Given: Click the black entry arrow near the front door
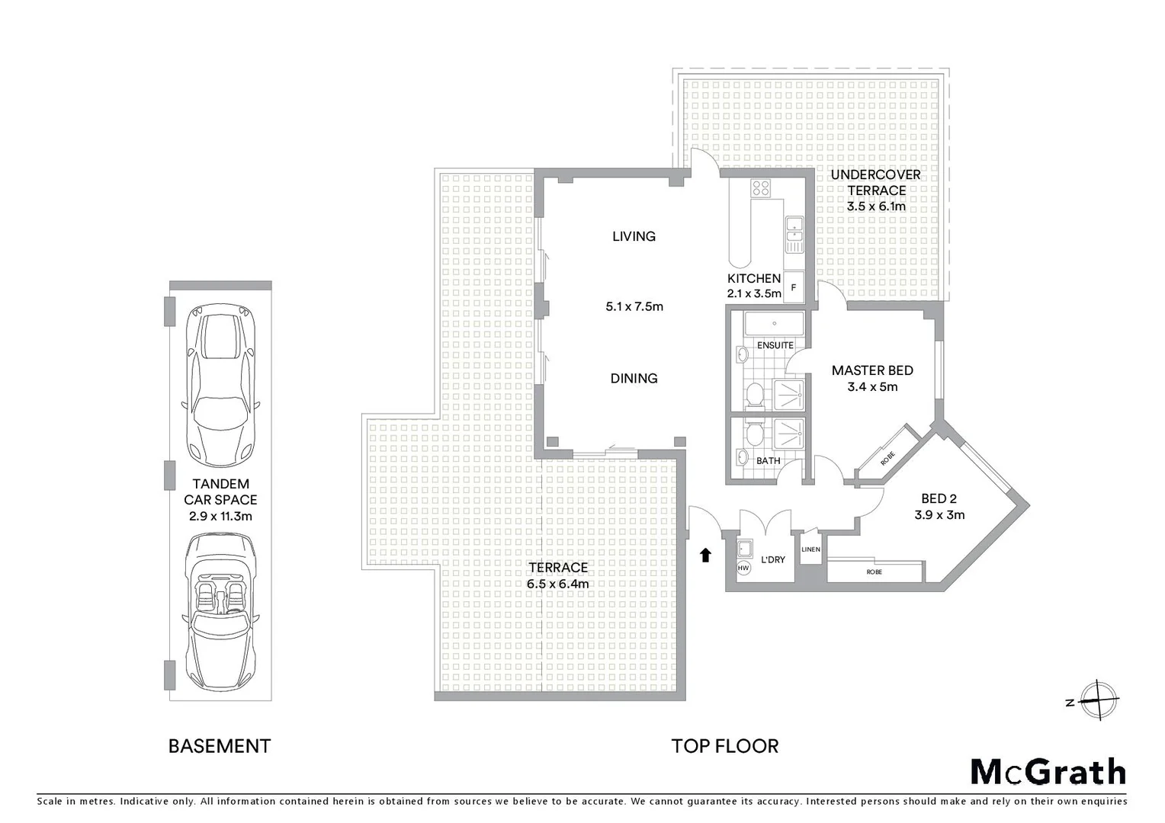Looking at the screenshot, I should [705, 556].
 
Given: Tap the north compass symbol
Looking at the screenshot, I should [1099, 700].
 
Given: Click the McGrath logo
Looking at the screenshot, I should [1048, 772].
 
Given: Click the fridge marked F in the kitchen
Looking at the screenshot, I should [794, 287].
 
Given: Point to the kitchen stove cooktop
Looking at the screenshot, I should [761, 188].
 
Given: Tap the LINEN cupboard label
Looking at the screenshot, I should [810, 549].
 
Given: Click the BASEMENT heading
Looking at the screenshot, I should [220, 746].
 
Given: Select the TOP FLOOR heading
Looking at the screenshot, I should [724, 746].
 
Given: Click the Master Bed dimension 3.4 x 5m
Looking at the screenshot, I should [872, 387].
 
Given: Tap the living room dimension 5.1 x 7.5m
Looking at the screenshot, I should [634, 307].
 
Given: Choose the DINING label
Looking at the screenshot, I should [634, 378].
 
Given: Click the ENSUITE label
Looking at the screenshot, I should [775, 345].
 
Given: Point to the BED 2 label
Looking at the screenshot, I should [939, 499].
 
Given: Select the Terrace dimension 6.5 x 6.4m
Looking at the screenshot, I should [557, 584].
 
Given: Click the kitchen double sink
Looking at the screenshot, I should [794, 235].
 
